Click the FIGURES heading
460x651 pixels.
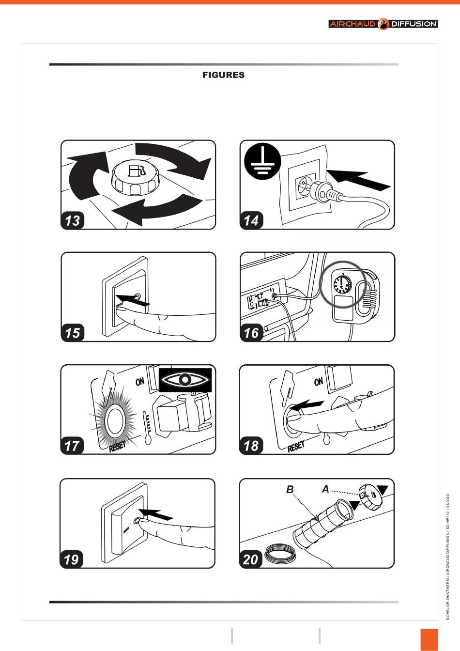[x=223, y=75]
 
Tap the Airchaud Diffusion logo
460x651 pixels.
[x=383, y=24]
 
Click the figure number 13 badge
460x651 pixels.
[x=72, y=220]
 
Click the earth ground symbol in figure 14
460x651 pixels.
[x=262, y=160]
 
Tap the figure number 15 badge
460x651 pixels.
[x=72, y=333]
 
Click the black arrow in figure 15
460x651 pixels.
[x=133, y=300]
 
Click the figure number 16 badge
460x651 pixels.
[x=251, y=333]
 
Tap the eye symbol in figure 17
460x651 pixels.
[x=185, y=380]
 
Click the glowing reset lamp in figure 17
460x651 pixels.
[x=115, y=421]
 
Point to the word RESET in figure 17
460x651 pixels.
[x=117, y=446]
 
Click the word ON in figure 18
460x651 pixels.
[x=319, y=381]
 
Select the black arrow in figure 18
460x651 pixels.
[x=307, y=405]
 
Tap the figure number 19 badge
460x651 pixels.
[x=72, y=559]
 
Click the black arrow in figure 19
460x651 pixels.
[x=156, y=514]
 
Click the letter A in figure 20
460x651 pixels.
[x=325, y=489]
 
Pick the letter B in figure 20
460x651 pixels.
[x=290, y=489]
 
